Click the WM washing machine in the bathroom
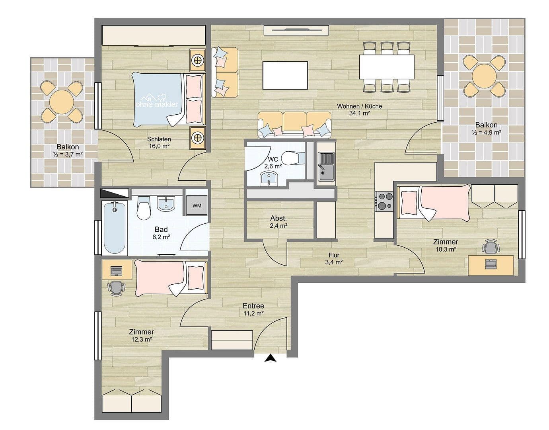coord(197,205)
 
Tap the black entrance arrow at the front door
coord(270,358)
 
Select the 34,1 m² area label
coord(360,113)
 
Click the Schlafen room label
coord(159,139)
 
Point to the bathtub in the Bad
coord(115,227)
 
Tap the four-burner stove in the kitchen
coord(384,201)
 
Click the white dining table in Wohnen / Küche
coord(387,67)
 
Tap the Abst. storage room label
coord(278,219)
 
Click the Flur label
coord(334,255)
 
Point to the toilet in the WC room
coord(293,158)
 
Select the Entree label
coord(253,306)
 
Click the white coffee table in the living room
coord(285,75)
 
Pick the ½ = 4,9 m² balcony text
coord(487,132)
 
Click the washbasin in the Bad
coord(166,204)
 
